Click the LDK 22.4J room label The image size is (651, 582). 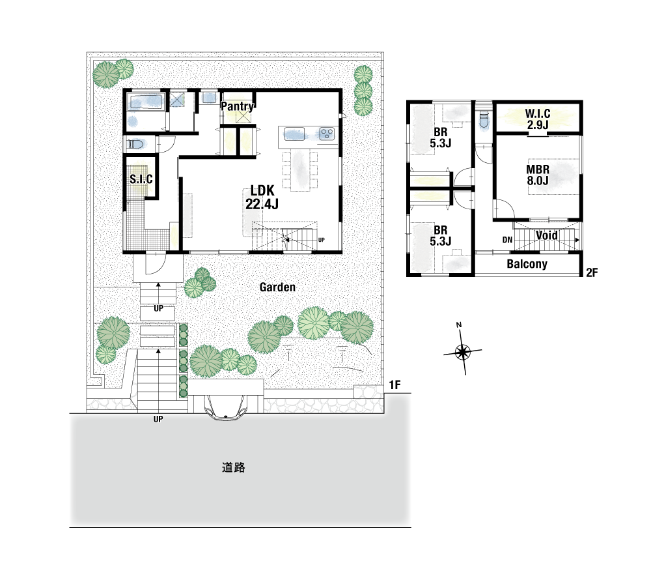(262, 197)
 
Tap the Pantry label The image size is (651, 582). (237, 106)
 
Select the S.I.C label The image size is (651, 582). (141, 179)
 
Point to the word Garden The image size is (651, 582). (277, 287)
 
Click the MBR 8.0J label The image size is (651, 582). (538, 175)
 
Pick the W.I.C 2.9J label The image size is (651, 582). (538, 119)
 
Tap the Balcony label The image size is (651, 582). (527, 264)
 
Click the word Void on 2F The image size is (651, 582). (546, 235)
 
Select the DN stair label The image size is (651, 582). (507, 240)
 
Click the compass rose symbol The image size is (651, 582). (462, 352)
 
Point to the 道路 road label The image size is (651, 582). (233, 468)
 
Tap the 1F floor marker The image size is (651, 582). (395, 385)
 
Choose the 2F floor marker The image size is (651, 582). (592, 272)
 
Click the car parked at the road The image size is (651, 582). (226, 407)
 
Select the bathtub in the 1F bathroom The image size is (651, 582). (145, 102)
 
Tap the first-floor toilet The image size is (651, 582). (135, 145)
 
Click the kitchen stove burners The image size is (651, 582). (327, 134)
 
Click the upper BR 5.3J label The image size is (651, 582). (441, 138)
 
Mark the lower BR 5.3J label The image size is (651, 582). (441, 236)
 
